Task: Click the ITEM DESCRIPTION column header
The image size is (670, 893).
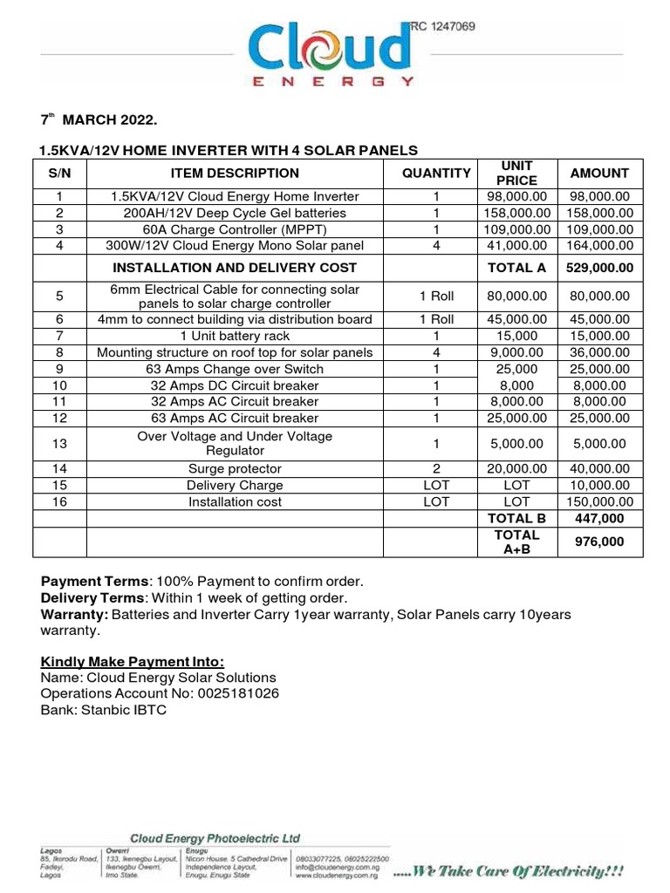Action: pos(235,174)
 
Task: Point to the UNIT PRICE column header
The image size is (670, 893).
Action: pos(516,173)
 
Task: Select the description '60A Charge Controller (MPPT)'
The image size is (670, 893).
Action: pos(235,229)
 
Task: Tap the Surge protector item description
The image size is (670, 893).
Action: pos(235,468)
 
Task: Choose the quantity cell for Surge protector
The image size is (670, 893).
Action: pos(436,468)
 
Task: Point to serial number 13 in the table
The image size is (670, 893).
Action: pos(59,443)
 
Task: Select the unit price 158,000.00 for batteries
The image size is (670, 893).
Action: pos(516,213)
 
